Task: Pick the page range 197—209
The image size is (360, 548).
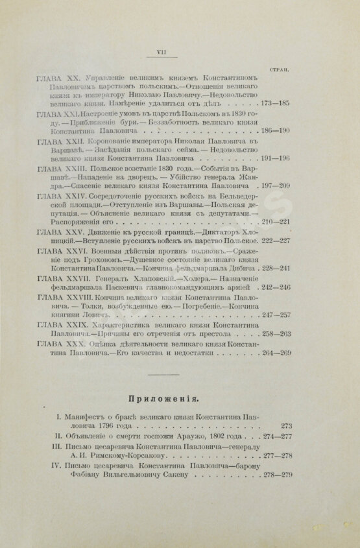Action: pos(274,194)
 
